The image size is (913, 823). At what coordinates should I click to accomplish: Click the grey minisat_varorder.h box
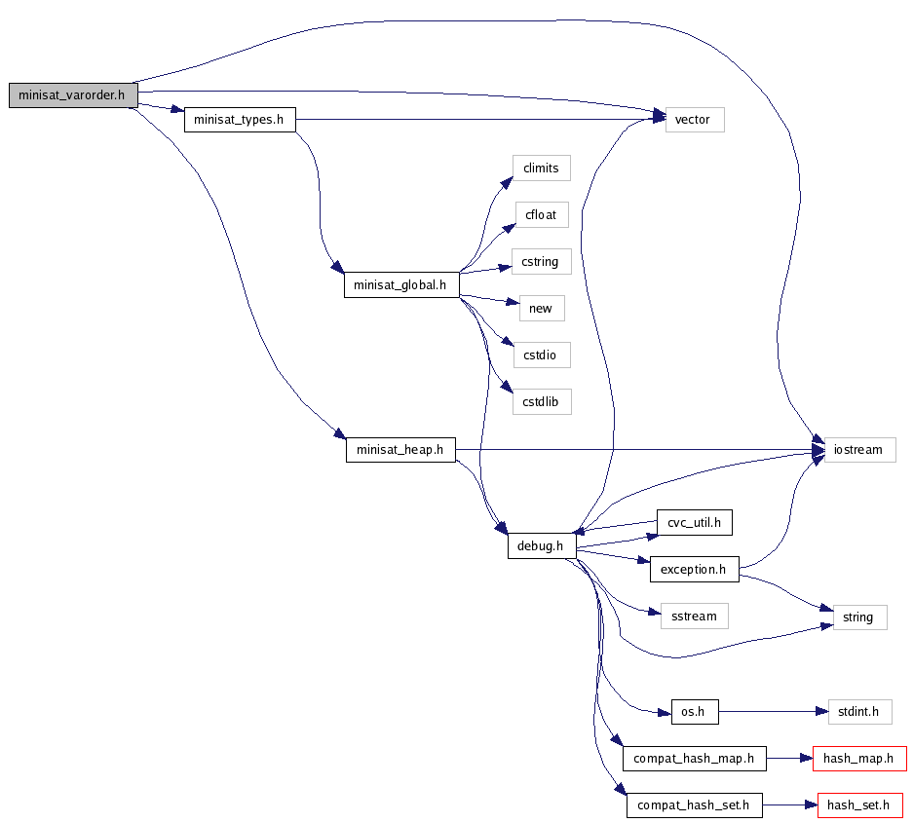click(x=72, y=95)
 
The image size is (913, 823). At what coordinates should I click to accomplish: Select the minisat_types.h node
click(x=240, y=120)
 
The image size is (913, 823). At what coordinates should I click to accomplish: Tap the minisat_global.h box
click(x=401, y=285)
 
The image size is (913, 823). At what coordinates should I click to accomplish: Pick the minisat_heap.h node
click(x=400, y=450)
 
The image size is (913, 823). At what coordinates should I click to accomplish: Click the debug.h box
click(x=541, y=546)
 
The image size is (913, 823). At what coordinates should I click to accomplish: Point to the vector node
click(x=694, y=120)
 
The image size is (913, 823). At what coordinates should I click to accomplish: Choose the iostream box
click(x=858, y=450)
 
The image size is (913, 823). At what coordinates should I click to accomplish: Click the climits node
click(x=541, y=168)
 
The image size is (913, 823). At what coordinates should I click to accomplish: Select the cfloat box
click(x=541, y=214)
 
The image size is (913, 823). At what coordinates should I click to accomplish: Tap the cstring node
click(x=541, y=262)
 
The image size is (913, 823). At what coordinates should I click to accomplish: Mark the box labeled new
click(x=541, y=309)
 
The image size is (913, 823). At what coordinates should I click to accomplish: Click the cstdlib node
click(x=541, y=401)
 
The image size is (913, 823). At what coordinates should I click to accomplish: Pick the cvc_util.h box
click(x=694, y=522)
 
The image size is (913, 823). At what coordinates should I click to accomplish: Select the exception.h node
click(x=694, y=569)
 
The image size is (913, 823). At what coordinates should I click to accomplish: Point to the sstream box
click(x=694, y=616)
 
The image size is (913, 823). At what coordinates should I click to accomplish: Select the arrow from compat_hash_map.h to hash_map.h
click(x=788, y=758)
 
